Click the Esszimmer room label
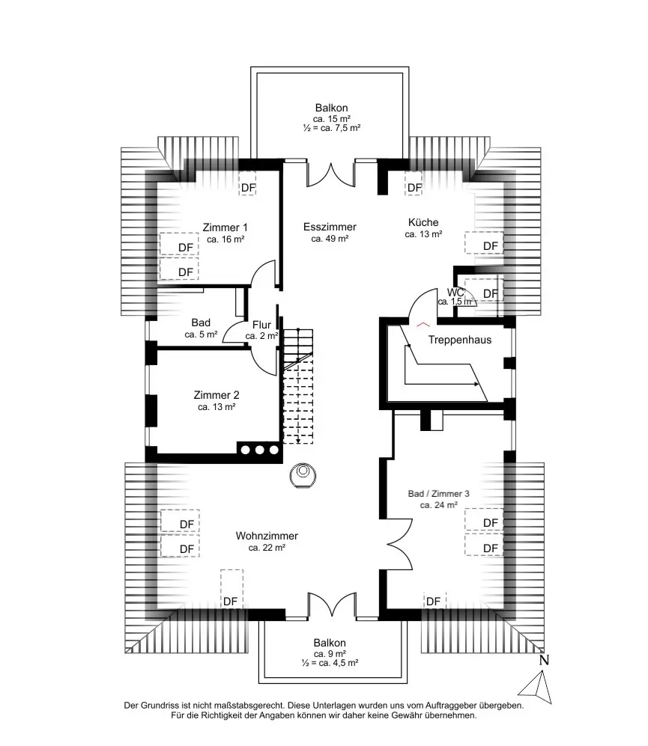330,227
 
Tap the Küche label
423,222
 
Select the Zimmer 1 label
225,227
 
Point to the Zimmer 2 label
216,395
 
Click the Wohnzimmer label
267,536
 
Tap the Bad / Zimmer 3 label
438,494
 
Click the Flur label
261,325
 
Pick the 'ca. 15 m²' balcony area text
332,118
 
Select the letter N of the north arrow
545,660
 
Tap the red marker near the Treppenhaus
423,324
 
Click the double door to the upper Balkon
330,174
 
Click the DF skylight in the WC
490,293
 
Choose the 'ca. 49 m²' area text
330,239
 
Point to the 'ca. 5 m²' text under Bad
201,334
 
